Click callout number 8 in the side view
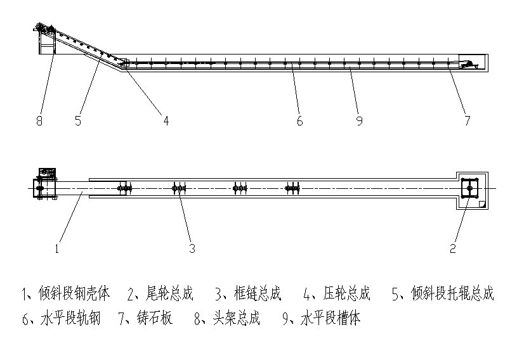coord(39,120)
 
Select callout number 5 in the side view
coord(78,120)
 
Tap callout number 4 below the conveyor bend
coord(166,120)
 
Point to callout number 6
coord(299,120)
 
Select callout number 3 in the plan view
coord(192,248)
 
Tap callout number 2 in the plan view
coord(453,248)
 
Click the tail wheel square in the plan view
coord(469,188)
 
